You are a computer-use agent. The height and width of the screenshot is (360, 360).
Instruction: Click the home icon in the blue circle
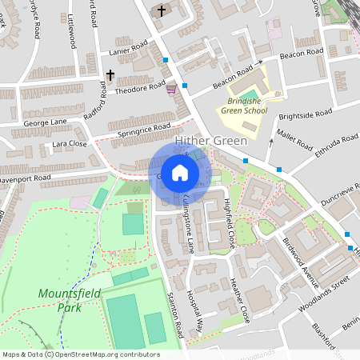click(x=180, y=173)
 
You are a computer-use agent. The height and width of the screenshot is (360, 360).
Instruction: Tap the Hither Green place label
click(x=205, y=142)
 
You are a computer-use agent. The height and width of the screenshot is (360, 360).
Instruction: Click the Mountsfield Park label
click(x=70, y=300)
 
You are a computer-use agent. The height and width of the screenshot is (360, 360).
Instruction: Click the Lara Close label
click(x=70, y=144)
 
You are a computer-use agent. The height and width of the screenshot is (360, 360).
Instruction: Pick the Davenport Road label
click(x=25, y=178)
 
